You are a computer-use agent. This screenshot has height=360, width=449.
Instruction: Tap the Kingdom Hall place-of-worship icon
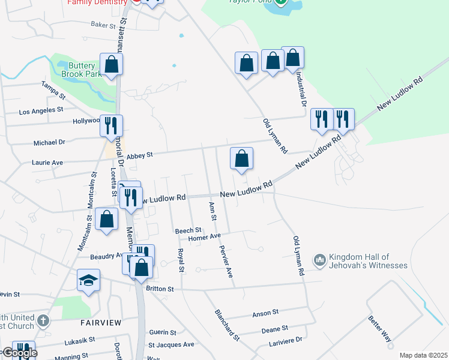319,259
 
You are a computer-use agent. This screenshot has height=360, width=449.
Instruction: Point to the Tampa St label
53,91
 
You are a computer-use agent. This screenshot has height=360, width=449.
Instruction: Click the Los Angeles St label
41,111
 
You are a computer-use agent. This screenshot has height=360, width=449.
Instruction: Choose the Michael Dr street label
49,143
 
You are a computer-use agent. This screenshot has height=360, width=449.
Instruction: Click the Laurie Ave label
47,163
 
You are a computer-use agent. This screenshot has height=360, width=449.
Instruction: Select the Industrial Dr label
301,92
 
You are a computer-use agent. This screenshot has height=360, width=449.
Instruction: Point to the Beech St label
188,230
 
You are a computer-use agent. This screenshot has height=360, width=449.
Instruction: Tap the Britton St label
160,289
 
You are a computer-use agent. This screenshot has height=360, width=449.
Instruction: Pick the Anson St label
266,313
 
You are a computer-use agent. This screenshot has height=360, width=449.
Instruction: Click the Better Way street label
381,328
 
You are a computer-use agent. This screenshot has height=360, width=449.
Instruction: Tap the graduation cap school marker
88,280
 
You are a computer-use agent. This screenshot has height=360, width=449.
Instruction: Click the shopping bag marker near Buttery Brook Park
112,64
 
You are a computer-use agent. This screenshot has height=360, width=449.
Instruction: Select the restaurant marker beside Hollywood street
111,125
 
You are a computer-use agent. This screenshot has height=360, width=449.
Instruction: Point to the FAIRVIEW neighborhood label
101,323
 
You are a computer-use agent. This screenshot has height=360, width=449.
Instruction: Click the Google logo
19,353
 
